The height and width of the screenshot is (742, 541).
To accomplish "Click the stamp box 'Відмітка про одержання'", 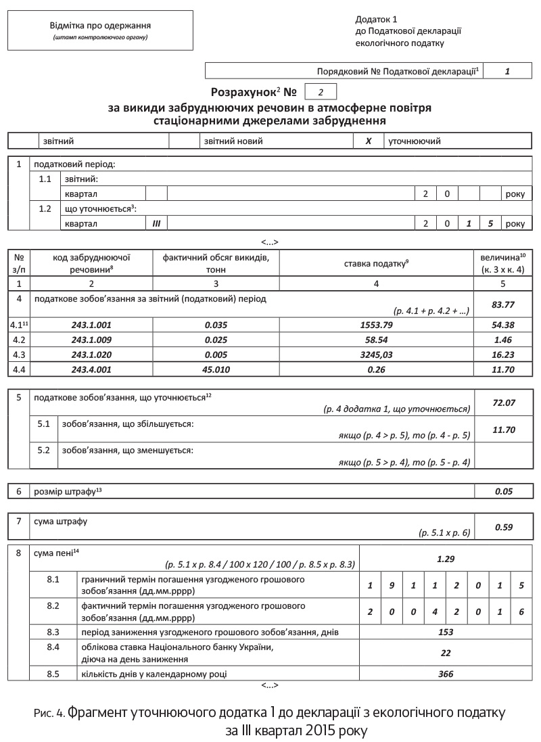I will [99, 31].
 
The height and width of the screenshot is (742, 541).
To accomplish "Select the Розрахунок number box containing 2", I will [321, 91].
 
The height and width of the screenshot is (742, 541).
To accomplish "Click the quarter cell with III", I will [156, 223].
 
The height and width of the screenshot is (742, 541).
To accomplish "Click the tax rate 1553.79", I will [377, 325].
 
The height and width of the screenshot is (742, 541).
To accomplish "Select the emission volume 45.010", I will [216, 369].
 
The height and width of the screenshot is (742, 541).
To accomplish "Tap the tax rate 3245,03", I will [377, 354].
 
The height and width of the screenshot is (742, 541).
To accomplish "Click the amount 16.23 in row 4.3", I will [504, 354].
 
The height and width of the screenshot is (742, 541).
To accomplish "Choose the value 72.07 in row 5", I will [504, 402].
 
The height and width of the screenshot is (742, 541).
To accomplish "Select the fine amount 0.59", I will [504, 527].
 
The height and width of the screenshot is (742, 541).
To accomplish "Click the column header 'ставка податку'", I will [376, 262].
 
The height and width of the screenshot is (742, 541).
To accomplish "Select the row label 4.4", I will [19, 369].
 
